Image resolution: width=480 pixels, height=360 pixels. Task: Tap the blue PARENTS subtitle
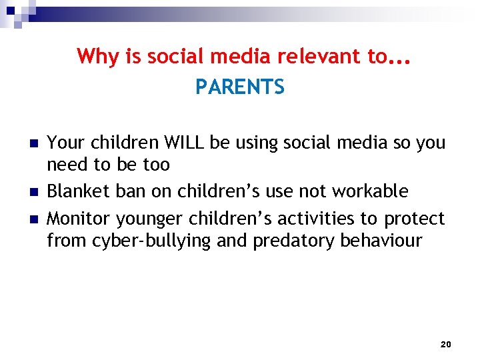(x=240, y=87)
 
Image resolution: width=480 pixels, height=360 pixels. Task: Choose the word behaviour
(x=381, y=240)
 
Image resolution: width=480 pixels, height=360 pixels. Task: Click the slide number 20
(x=446, y=344)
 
